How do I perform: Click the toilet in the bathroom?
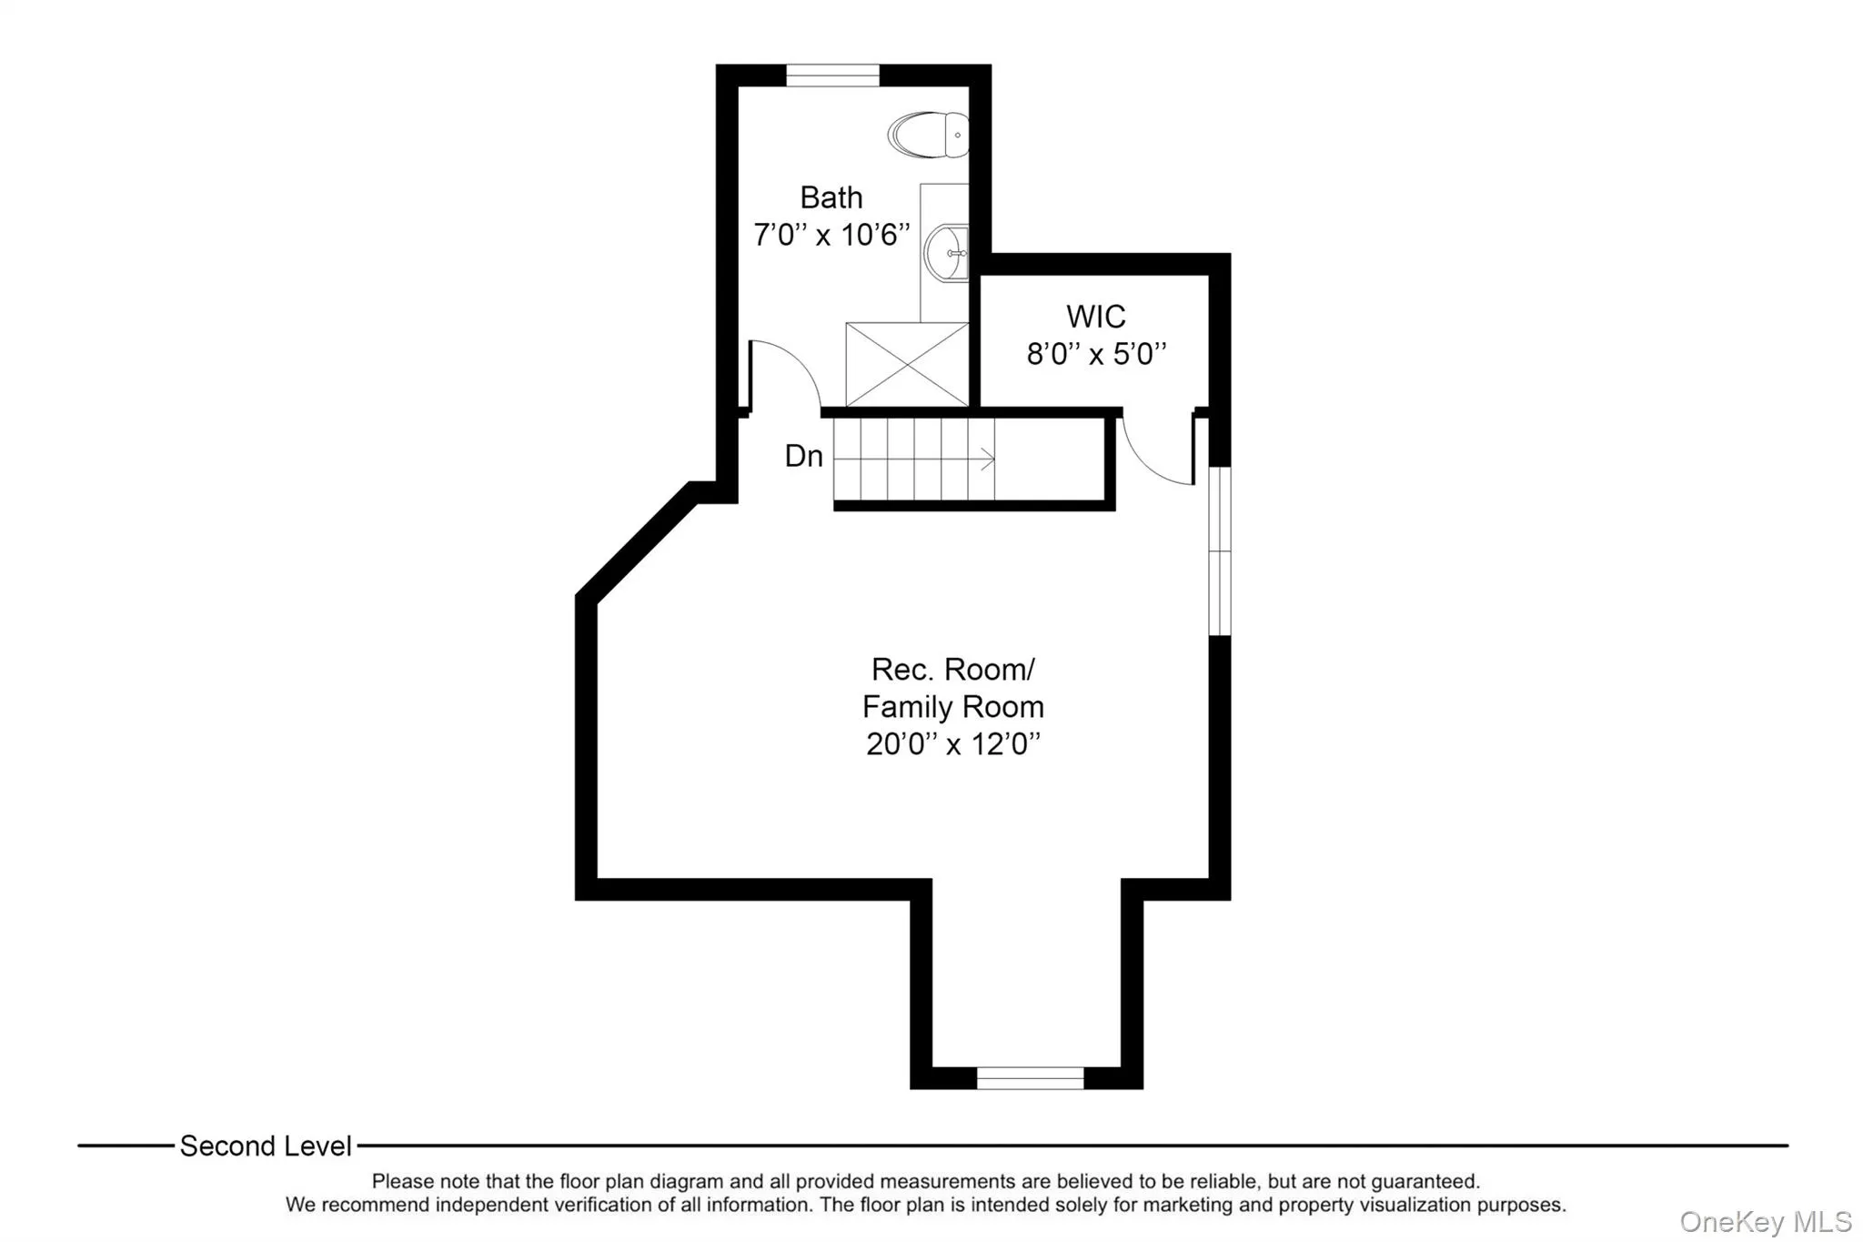(x=928, y=135)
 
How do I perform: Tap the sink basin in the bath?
(x=946, y=253)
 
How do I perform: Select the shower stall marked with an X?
(x=907, y=364)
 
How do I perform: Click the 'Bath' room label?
(x=831, y=197)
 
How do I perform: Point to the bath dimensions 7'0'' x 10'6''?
(x=831, y=235)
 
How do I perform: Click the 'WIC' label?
(x=1095, y=317)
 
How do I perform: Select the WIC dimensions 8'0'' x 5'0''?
(x=1095, y=354)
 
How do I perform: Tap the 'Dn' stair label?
(x=803, y=457)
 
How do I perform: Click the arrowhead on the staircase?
(x=988, y=460)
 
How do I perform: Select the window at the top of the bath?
(x=832, y=76)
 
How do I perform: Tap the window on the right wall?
(x=1219, y=550)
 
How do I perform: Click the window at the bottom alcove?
(x=1030, y=1078)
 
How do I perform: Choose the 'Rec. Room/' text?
(x=952, y=670)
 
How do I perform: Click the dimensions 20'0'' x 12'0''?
(x=952, y=744)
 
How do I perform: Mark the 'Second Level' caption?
(x=266, y=1146)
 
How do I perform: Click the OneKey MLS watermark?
(x=1765, y=1221)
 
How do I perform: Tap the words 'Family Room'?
(x=952, y=707)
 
